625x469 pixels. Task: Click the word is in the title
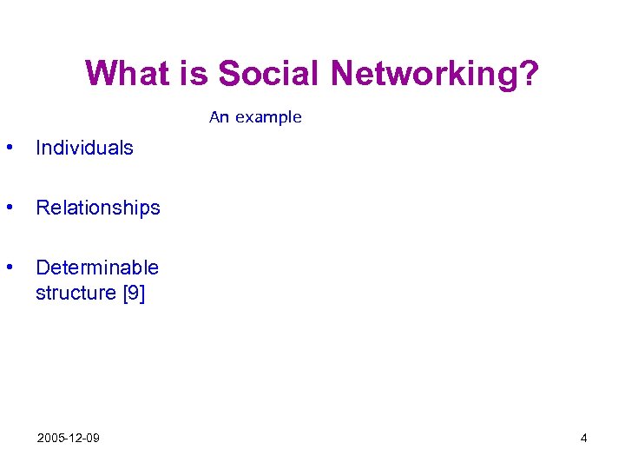point(196,74)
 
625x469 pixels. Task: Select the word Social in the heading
point(269,74)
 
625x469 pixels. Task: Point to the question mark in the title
point(530,74)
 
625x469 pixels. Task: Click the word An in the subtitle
point(219,117)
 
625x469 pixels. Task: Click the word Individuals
point(84,148)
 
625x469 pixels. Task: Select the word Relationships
point(98,208)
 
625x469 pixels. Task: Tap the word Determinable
point(97,268)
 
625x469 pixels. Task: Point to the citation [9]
point(133,294)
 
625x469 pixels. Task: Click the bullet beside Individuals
point(9,147)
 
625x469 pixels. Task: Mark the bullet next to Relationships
point(9,207)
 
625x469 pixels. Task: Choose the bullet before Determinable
point(9,267)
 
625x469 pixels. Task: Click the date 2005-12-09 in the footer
point(68,438)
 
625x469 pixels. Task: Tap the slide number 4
point(584,438)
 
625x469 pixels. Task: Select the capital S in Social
point(228,74)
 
